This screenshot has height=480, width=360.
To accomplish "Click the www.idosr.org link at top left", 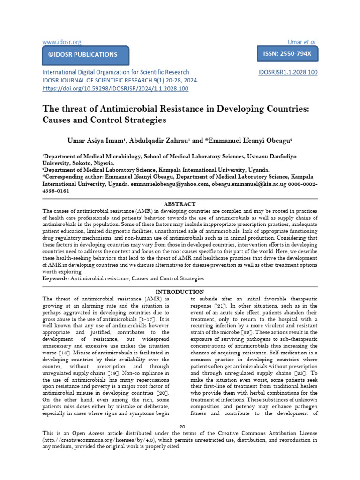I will coord(62,42).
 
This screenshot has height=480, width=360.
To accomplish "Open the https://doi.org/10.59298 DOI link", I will coord(115,88).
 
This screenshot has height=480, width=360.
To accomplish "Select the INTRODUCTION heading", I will coord(180,292).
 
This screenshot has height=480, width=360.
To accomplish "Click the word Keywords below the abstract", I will coord(55,278).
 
